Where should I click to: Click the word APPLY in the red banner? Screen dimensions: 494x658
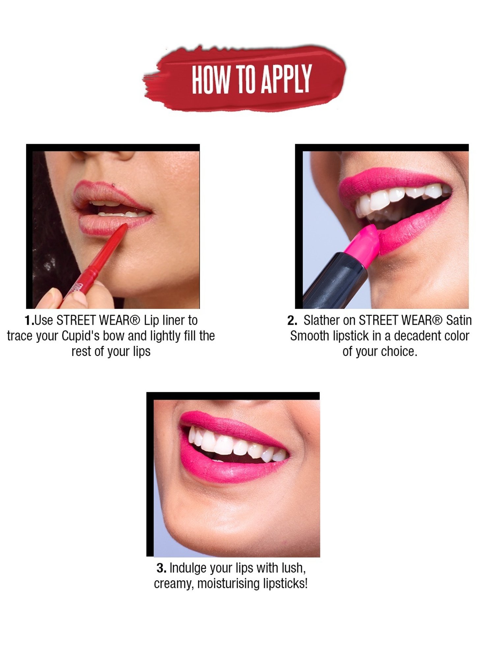(x=286, y=79)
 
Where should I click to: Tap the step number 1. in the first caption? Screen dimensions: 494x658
(x=29, y=320)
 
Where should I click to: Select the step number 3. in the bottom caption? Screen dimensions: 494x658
(x=161, y=568)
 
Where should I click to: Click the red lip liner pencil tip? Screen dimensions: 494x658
(x=124, y=227)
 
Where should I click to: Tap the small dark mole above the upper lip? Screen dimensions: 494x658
(x=114, y=185)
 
